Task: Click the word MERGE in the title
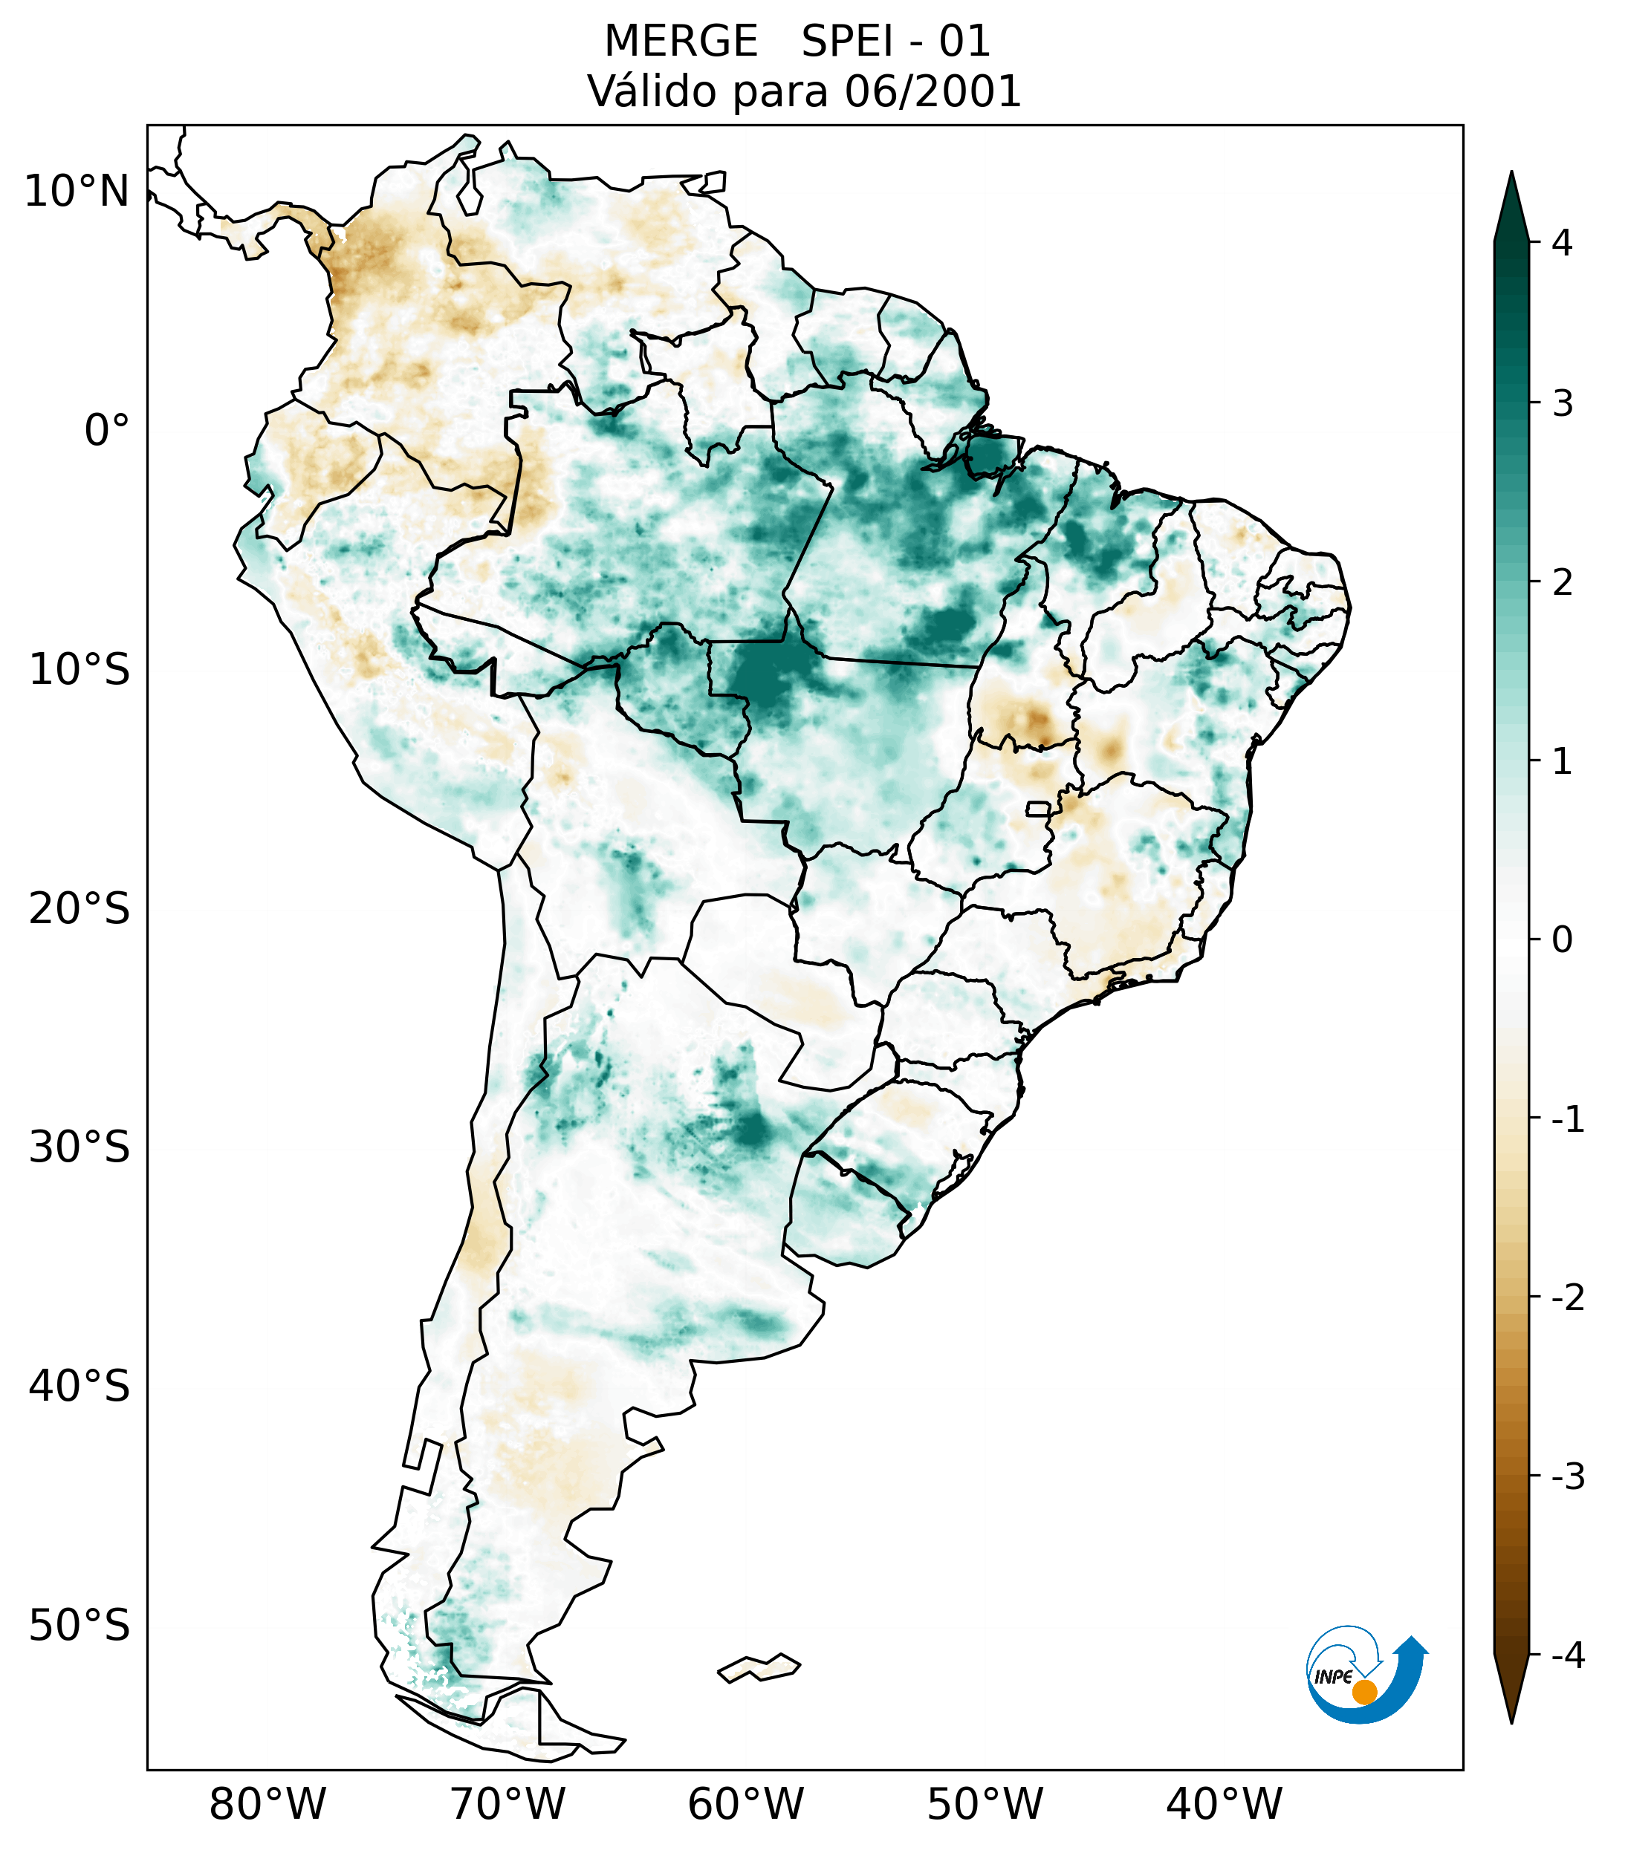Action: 680,42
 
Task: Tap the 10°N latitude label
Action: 77,191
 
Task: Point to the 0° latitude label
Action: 107,430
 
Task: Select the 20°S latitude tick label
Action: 80,909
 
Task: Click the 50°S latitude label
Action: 80,1626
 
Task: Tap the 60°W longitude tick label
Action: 745,1804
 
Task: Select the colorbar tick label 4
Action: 1562,243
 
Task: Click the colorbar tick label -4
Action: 1567,1655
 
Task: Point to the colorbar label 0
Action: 1562,940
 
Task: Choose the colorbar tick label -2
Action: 1567,1298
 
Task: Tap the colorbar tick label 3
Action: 1562,404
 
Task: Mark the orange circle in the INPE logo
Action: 1363,1692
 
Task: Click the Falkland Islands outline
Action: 759,1667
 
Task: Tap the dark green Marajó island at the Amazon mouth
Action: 993,455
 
